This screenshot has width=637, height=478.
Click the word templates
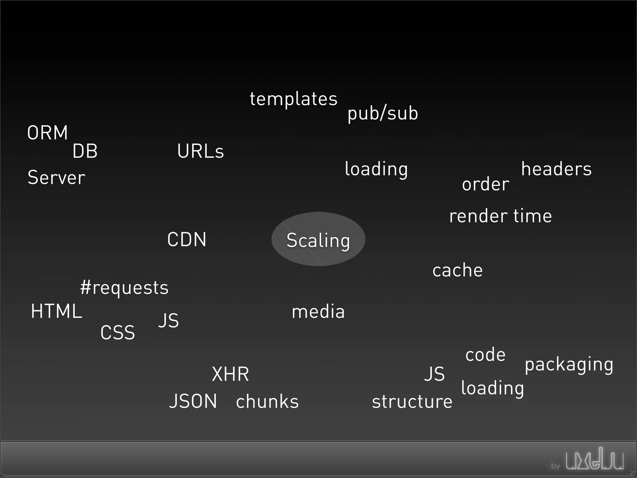[x=293, y=99]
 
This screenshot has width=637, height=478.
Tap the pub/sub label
[x=383, y=113]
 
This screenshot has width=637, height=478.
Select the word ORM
[x=48, y=133]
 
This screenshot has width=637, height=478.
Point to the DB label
[x=85, y=151]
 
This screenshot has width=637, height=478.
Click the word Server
[x=56, y=177]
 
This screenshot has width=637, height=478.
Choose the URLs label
[x=200, y=151]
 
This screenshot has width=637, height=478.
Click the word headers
[x=556, y=169]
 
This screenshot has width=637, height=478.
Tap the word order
[x=486, y=184]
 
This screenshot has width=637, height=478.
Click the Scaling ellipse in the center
[x=318, y=239]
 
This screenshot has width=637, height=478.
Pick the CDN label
[x=187, y=239]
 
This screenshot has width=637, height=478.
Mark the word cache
[x=458, y=270]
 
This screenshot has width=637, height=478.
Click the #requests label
[x=124, y=287]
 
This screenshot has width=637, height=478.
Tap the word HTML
[x=57, y=311]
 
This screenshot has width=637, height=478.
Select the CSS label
[x=118, y=332]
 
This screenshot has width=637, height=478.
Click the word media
[x=318, y=312]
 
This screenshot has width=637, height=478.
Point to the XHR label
[x=230, y=374]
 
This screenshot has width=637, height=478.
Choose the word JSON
[x=193, y=401]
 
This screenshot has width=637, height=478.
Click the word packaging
[x=569, y=364]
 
